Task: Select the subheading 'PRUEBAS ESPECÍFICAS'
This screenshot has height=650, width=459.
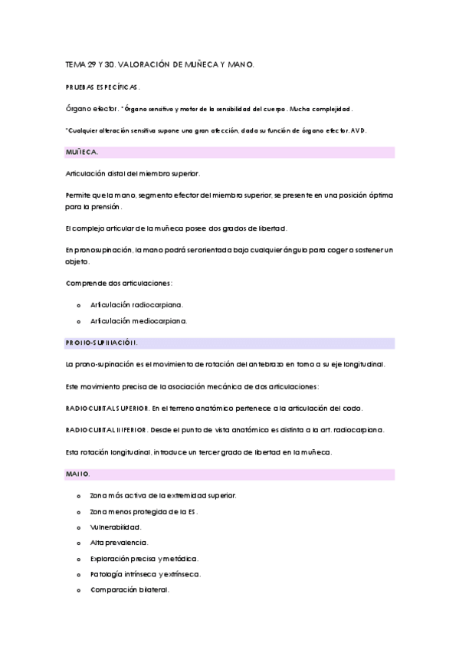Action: coord(103,88)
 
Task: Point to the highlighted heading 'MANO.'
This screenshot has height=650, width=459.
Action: coord(78,475)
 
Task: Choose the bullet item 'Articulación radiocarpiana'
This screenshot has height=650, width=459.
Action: coord(136,304)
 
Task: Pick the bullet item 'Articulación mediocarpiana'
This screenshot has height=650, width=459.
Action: coord(138,320)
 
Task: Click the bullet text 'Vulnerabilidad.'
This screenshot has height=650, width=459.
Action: coord(116,527)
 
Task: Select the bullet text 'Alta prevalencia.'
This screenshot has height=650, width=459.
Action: coord(119,543)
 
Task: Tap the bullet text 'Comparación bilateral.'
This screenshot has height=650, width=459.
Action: coord(130,589)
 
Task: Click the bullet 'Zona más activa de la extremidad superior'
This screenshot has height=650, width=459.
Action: coord(162,496)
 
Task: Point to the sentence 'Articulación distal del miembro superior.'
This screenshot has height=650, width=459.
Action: coord(133,174)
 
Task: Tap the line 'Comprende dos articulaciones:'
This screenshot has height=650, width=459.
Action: coord(119,284)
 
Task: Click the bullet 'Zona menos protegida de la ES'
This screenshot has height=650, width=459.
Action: coord(143,511)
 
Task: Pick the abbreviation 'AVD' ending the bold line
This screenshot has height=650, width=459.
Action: coord(359,131)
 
